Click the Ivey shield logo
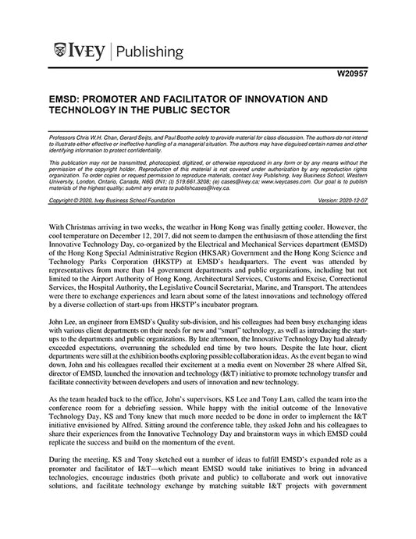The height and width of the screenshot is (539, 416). pos(62,52)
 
